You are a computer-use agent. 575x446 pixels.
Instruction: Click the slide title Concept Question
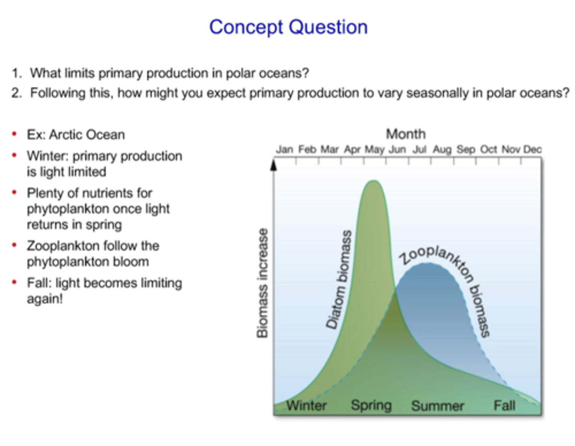[288, 28]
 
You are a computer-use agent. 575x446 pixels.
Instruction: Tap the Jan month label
[284, 150]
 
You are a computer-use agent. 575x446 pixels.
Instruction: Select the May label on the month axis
[375, 150]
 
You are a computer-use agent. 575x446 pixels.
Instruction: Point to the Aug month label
[442, 150]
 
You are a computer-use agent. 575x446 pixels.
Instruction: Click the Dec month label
[532, 150]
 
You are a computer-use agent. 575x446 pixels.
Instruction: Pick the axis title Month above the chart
[406, 134]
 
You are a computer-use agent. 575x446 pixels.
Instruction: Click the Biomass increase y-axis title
[262, 283]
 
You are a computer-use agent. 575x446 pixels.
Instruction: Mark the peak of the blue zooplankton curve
[426, 264]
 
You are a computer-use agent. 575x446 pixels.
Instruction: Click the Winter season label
[306, 406]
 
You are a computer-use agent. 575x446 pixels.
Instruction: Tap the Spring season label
[371, 405]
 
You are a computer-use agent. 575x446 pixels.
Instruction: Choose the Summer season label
[438, 406]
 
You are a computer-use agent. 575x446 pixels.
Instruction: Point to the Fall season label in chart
[504, 406]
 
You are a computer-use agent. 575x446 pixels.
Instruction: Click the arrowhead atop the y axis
[274, 165]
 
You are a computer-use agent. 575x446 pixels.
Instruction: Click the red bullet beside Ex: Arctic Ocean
[15, 134]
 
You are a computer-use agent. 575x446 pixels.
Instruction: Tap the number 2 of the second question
[16, 93]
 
